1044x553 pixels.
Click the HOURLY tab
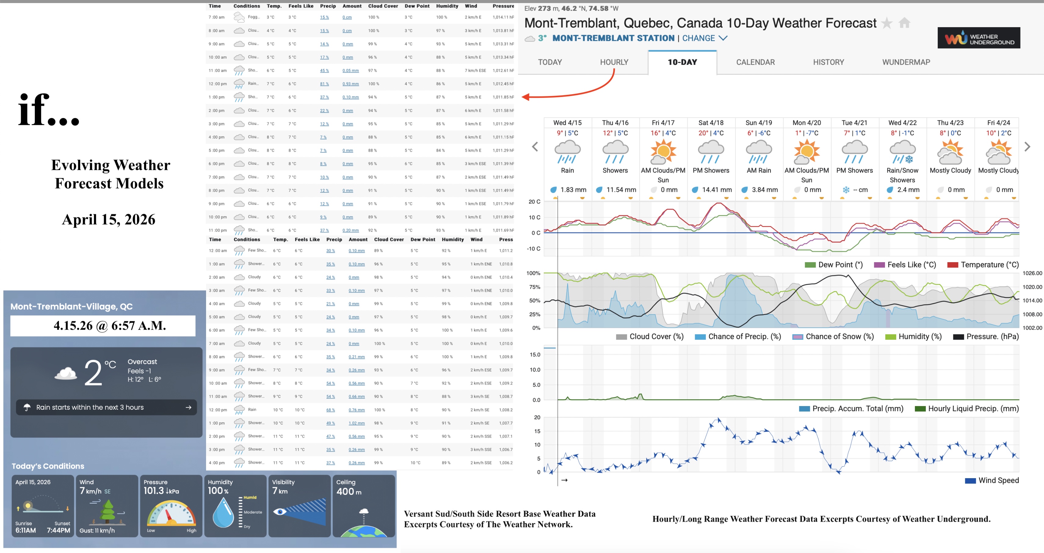614,62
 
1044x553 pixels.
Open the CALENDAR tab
755,62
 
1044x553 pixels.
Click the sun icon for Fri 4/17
663,151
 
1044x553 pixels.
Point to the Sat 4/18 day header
711,123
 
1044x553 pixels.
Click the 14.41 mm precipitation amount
716,189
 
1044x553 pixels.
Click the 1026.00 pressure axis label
1032,273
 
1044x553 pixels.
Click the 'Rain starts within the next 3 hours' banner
106,407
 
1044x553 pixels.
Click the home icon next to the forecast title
904,23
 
